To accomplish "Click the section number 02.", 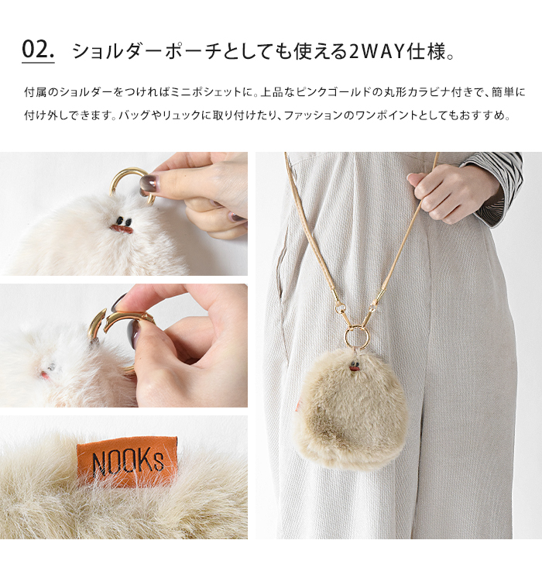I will [x=38, y=50].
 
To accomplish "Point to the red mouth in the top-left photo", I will [x=120, y=229].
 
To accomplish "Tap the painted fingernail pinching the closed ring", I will [x=148, y=184].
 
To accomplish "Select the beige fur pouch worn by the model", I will [x=352, y=411].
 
